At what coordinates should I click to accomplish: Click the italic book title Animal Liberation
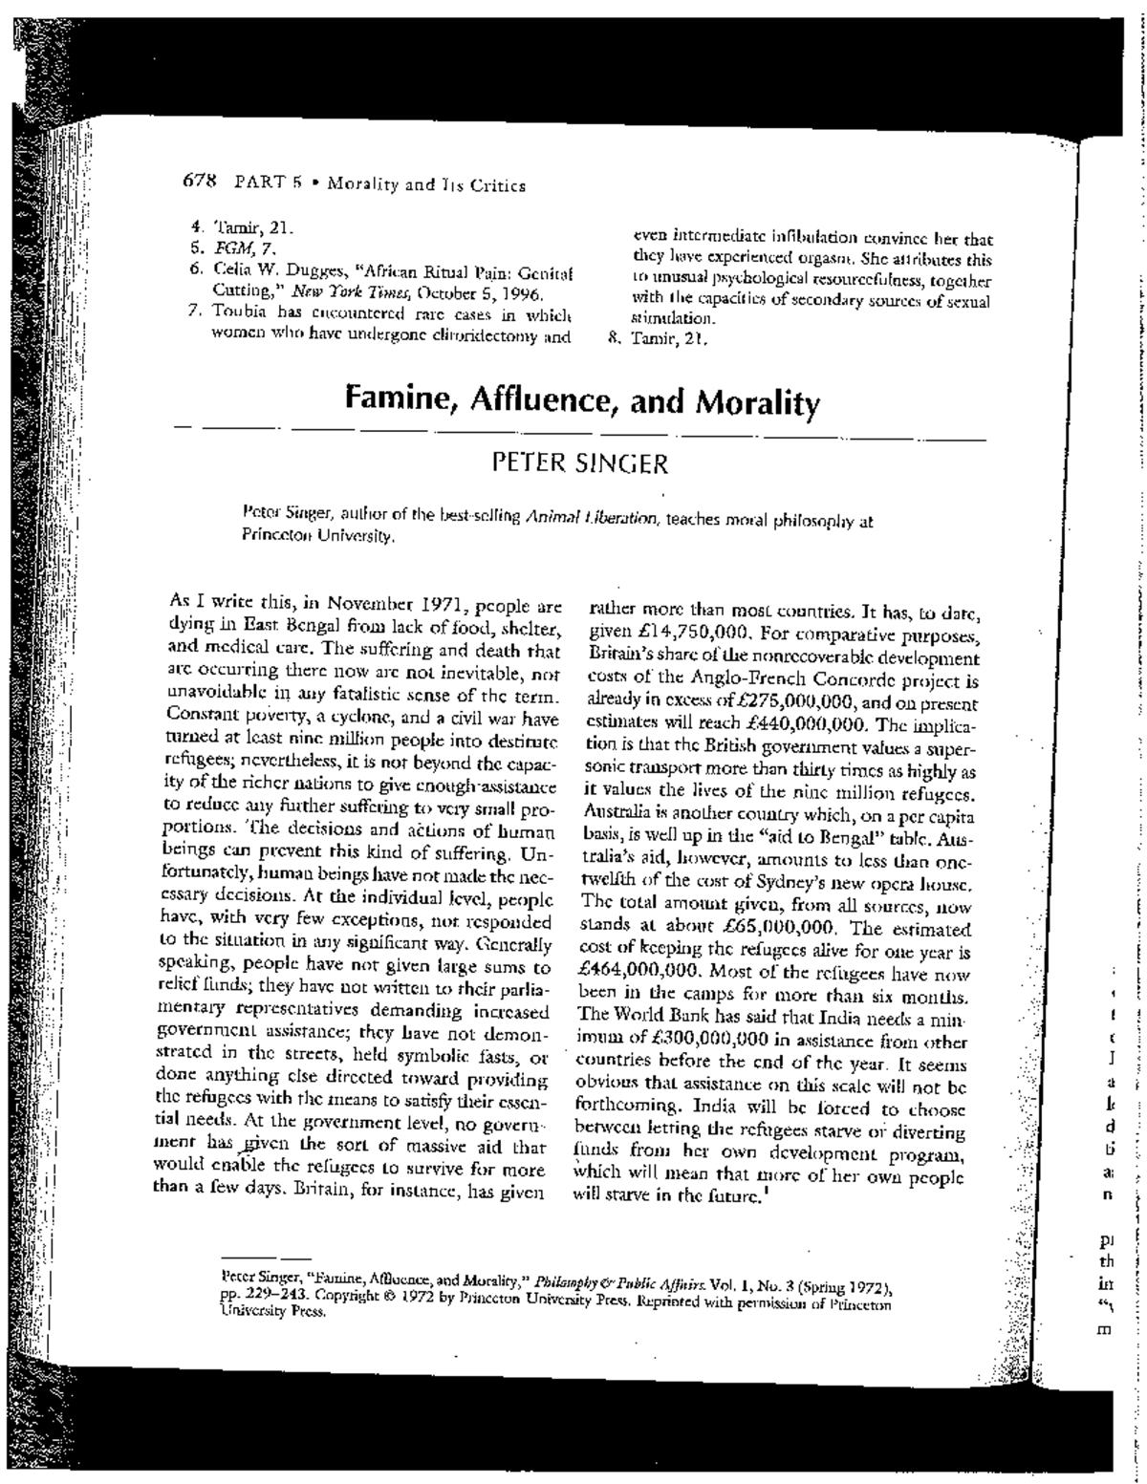[604, 519]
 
